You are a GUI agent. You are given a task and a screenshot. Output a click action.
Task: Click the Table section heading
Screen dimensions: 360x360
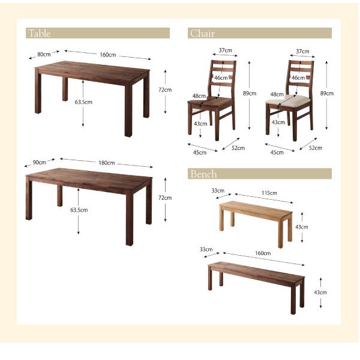pos(39,33)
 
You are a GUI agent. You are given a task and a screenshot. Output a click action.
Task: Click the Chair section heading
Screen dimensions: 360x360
pos(203,33)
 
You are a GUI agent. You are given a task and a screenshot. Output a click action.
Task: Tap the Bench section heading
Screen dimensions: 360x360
pos(203,174)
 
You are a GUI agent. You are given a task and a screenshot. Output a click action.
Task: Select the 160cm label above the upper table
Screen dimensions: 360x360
pos(107,55)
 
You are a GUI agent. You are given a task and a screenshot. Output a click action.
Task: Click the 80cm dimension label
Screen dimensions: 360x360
pos(44,55)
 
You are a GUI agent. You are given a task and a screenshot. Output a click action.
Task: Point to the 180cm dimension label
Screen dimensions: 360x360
pos(107,163)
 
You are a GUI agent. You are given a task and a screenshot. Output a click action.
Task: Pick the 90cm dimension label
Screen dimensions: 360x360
pos(39,163)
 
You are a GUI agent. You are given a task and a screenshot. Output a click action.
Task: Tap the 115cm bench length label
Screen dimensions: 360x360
pos(269,193)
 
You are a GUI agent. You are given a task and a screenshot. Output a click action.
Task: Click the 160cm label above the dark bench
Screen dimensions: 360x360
pos(263,253)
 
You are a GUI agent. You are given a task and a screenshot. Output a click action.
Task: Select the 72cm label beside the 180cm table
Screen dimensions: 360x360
pos(165,197)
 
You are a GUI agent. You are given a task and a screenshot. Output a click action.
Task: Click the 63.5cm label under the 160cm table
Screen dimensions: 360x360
pos(83,102)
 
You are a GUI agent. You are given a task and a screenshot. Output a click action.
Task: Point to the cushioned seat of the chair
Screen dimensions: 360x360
pos(289,100)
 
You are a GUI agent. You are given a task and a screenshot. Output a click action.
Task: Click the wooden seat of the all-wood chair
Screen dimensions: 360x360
pos(210,101)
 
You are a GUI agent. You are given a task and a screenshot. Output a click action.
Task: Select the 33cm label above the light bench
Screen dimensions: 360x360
pos(218,191)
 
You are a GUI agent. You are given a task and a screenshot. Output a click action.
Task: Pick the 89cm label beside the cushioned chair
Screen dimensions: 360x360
pos(327,93)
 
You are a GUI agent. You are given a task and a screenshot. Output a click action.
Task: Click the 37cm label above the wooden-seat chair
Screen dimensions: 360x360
pos(225,50)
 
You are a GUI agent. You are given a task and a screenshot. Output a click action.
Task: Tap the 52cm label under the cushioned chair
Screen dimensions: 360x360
pos(316,148)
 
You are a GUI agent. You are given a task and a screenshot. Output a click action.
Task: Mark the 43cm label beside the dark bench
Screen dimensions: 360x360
pos(320,292)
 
